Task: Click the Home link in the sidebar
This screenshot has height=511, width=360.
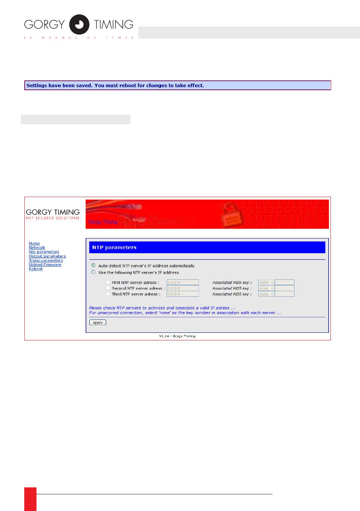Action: pyautogui.click(x=34, y=243)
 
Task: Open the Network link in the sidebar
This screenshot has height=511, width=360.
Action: pyautogui.click(x=37, y=248)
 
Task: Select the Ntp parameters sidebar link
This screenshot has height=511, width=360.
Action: pyautogui.click(x=44, y=252)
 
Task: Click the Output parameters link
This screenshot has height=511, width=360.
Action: pyautogui.click(x=47, y=256)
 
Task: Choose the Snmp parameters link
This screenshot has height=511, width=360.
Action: pyautogui.click(x=46, y=260)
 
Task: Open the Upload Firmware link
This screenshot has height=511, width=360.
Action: pyautogui.click(x=45, y=265)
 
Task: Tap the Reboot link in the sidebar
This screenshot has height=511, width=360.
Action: pyautogui.click(x=36, y=269)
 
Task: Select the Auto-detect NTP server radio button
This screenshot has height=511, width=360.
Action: pyautogui.click(x=94, y=265)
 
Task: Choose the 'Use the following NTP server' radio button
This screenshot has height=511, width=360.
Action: pyautogui.click(x=94, y=272)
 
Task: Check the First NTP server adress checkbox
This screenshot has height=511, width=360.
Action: pyautogui.click(x=108, y=282)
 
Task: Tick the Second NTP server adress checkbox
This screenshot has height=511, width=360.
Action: pyautogui.click(x=108, y=288)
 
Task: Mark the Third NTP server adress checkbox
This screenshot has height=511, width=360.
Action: pyautogui.click(x=108, y=294)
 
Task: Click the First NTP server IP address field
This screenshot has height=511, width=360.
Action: pyautogui.click(x=183, y=282)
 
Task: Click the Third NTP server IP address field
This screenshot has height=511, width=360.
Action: pyautogui.click(x=183, y=294)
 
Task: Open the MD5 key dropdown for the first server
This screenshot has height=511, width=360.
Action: pyautogui.click(x=266, y=282)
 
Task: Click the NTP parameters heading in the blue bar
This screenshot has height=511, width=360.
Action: pyautogui.click(x=114, y=248)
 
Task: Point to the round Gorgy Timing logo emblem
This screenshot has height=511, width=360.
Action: pyautogui.click(x=79, y=25)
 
